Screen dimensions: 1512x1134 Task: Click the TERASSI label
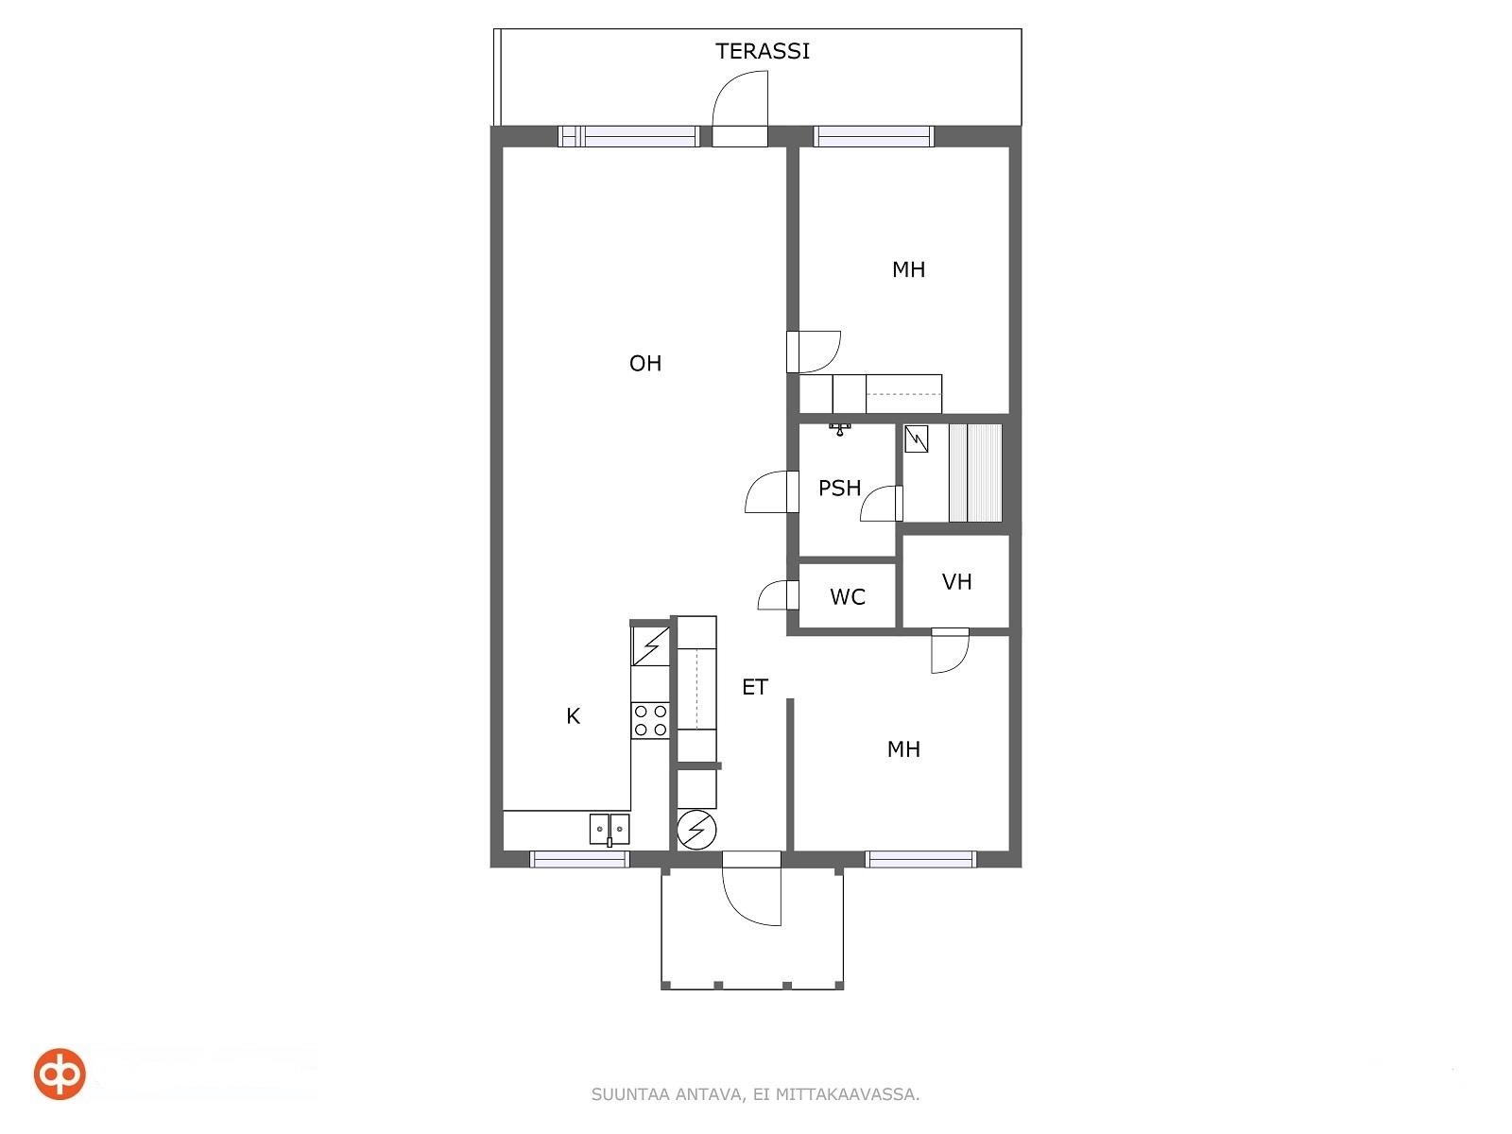tap(762, 51)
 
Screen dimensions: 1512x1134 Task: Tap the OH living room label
tap(645, 363)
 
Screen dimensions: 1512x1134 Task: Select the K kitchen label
tap(573, 716)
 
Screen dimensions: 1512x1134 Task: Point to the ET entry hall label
tap(755, 686)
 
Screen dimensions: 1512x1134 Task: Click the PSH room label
tap(840, 488)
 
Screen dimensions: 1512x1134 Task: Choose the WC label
tap(848, 596)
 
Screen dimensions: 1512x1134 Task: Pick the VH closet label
tap(956, 582)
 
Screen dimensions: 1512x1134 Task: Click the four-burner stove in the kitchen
tap(650, 720)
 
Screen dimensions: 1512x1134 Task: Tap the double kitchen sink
tap(610, 829)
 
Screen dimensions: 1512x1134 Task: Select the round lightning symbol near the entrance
tap(697, 831)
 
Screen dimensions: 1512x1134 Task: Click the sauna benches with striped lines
tap(975, 472)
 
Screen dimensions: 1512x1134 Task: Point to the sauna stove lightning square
tap(917, 438)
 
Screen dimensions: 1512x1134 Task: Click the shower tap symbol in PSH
tap(840, 429)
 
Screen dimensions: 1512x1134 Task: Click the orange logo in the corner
tap(60, 1074)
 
